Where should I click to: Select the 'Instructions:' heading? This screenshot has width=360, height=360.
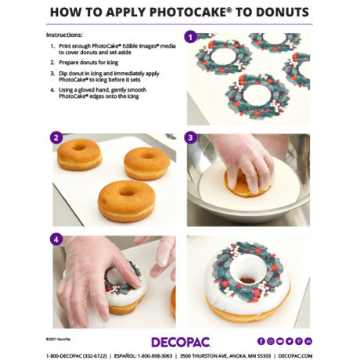63,36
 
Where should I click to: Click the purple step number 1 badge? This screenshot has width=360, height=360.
190,37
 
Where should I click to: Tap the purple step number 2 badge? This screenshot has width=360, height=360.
56,139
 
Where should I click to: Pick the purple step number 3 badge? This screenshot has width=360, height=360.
190,139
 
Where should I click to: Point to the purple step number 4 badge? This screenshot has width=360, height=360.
56,240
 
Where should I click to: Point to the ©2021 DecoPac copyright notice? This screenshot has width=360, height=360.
60,337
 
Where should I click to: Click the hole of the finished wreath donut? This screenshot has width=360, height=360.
249,279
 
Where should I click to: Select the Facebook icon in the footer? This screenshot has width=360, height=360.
261,341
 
